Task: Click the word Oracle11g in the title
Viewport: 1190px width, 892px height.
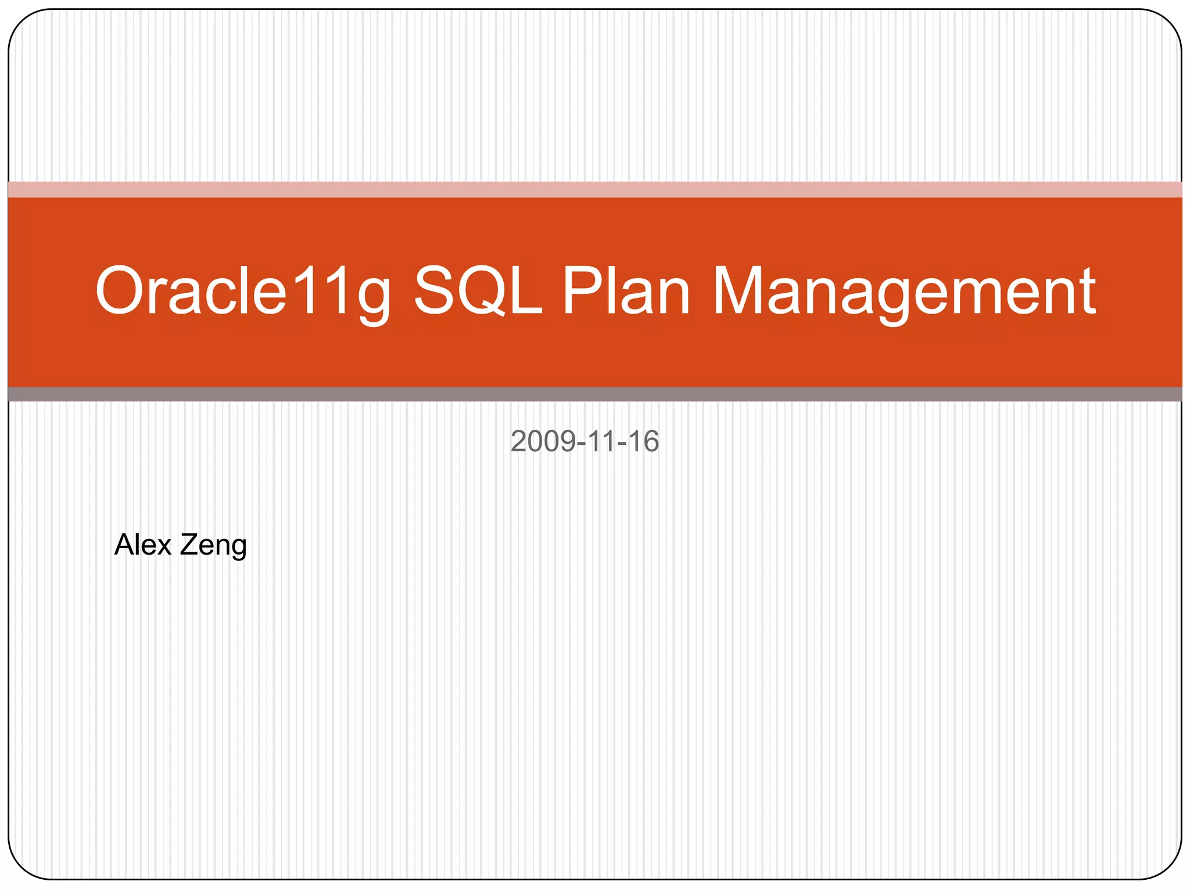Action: tap(243, 291)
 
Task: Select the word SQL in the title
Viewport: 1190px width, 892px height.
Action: tap(478, 291)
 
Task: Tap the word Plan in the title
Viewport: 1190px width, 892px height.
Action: tap(626, 291)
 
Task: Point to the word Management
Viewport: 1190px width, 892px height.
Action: tap(904, 291)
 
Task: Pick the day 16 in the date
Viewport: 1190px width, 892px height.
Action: tap(643, 441)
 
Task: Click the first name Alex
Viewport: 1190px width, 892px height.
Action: tap(143, 545)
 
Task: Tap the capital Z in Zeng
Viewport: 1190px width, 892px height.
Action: tap(188, 545)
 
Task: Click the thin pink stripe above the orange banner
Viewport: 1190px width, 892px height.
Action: tap(595, 189)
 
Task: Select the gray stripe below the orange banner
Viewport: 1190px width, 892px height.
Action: tap(595, 394)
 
